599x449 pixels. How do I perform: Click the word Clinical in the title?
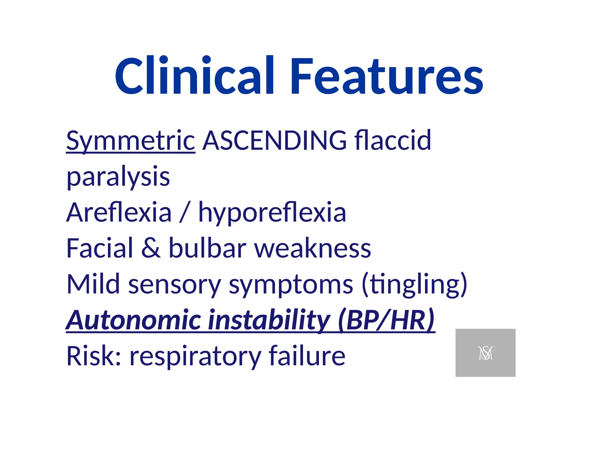coord(194,76)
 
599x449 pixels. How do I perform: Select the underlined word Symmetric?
coord(130,141)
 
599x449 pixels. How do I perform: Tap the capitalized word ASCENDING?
coord(275,141)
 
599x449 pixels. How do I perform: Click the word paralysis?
coord(118,177)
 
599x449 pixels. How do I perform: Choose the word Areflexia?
coord(119,213)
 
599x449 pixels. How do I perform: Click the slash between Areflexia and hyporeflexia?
coord(185,213)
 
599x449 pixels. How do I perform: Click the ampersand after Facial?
coord(151,248)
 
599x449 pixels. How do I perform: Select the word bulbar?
coord(208,248)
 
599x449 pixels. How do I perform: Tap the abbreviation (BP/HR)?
coord(386,320)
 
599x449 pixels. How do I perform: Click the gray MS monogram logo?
coord(485,353)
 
